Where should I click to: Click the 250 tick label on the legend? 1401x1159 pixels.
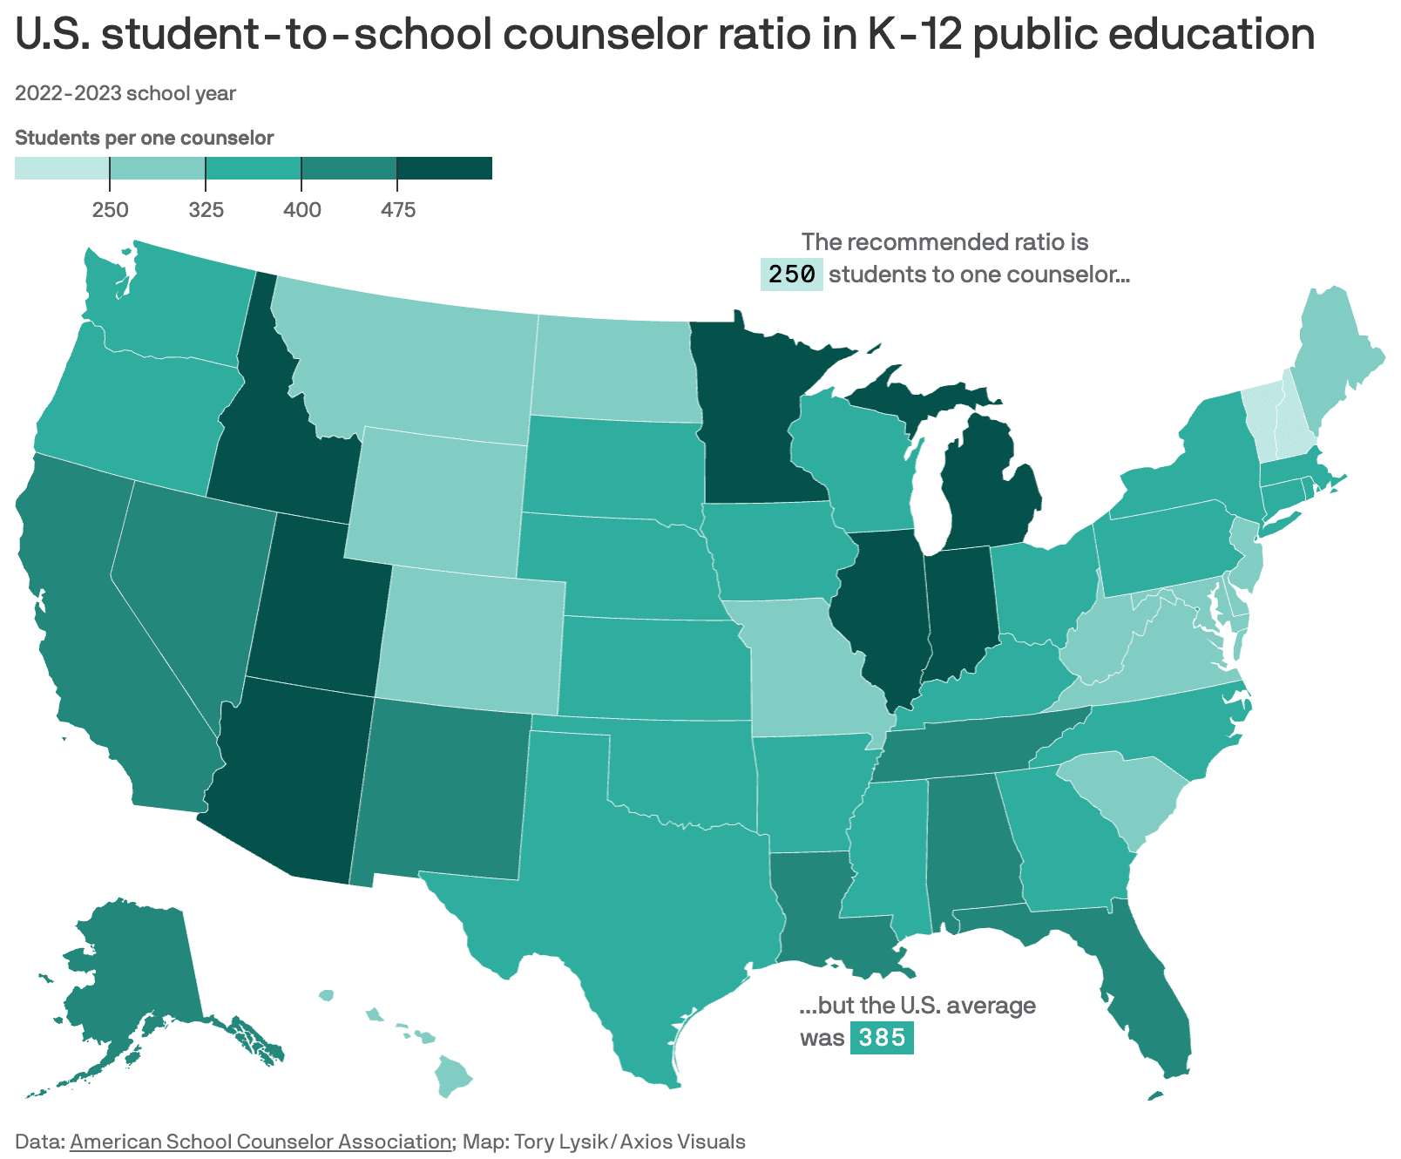110,210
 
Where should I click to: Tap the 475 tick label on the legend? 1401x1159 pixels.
397,210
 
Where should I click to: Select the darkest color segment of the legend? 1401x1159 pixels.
444,168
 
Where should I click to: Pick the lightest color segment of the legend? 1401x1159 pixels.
61,168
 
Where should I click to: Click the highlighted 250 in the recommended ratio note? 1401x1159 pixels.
791,274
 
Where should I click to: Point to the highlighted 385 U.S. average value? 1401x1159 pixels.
882,1038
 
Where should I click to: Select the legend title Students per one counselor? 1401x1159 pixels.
145,138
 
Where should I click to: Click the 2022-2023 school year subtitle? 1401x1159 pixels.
125,93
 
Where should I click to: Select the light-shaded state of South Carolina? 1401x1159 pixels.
1124,793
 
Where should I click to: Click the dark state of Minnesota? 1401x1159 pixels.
749,418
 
